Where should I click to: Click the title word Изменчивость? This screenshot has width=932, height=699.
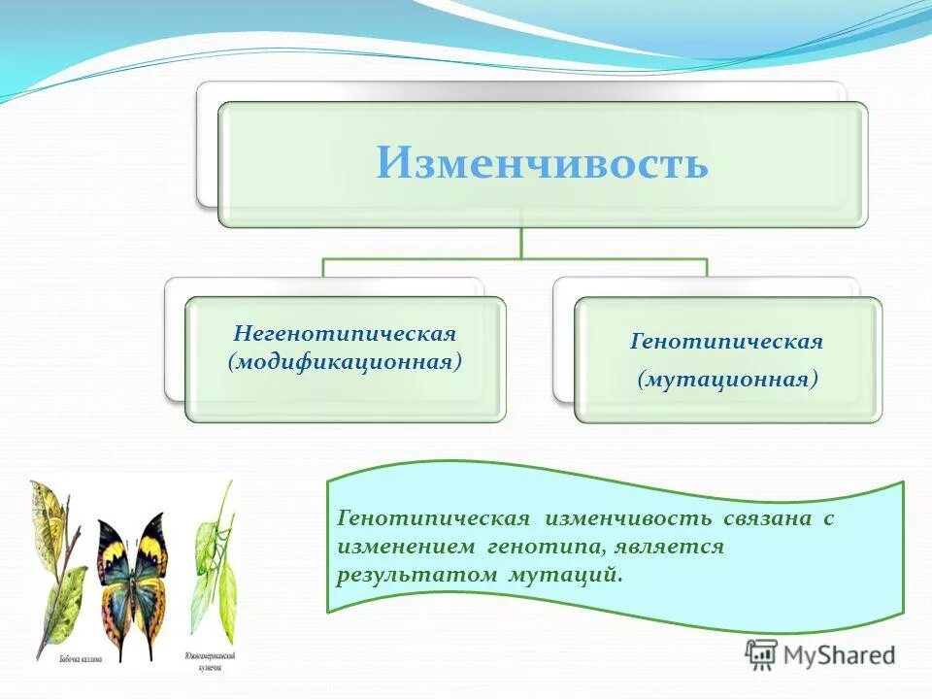542,163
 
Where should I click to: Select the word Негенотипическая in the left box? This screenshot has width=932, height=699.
345,334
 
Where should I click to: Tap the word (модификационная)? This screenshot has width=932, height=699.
345,362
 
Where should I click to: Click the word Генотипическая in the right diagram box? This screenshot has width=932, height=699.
727,342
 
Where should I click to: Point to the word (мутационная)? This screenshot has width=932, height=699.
727,380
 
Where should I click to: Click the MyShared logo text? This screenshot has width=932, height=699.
841,655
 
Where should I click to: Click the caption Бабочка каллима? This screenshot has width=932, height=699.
80,657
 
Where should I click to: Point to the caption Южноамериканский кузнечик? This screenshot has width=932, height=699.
209,661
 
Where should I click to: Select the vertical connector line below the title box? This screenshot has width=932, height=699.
521,243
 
